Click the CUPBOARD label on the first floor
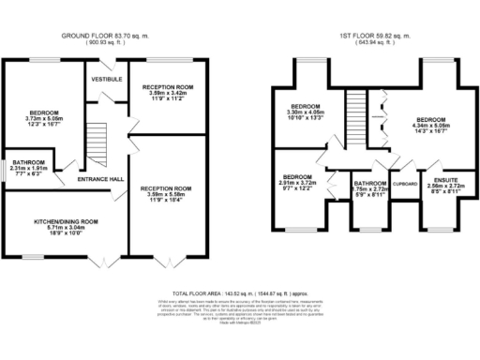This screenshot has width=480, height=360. [x=404, y=184]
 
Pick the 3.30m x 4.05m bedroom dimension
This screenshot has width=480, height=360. [x=306, y=112]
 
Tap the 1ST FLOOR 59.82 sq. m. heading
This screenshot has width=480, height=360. [x=374, y=36]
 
